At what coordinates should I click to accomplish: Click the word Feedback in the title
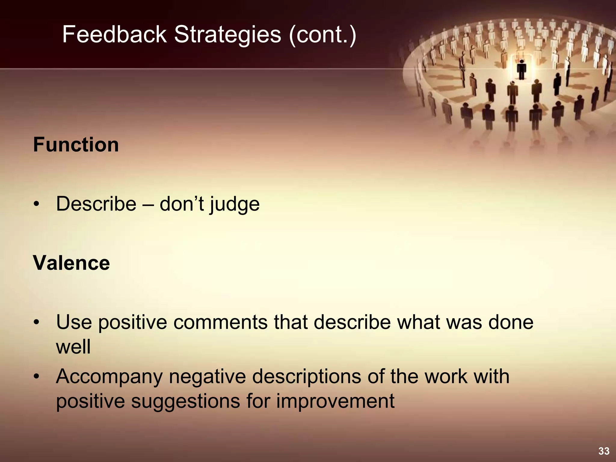point(114,35)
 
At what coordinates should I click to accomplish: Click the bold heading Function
point(76,145)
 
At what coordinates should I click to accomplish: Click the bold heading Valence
point(71,263)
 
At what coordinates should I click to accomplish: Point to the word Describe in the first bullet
point(96,204)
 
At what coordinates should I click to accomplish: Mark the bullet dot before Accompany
point(37,377)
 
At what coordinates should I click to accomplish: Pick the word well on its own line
point(73,347)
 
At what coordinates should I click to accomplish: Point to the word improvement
point(335,401)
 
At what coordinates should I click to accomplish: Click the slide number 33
point(604,451)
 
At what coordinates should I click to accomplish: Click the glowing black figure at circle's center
point(521,69)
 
